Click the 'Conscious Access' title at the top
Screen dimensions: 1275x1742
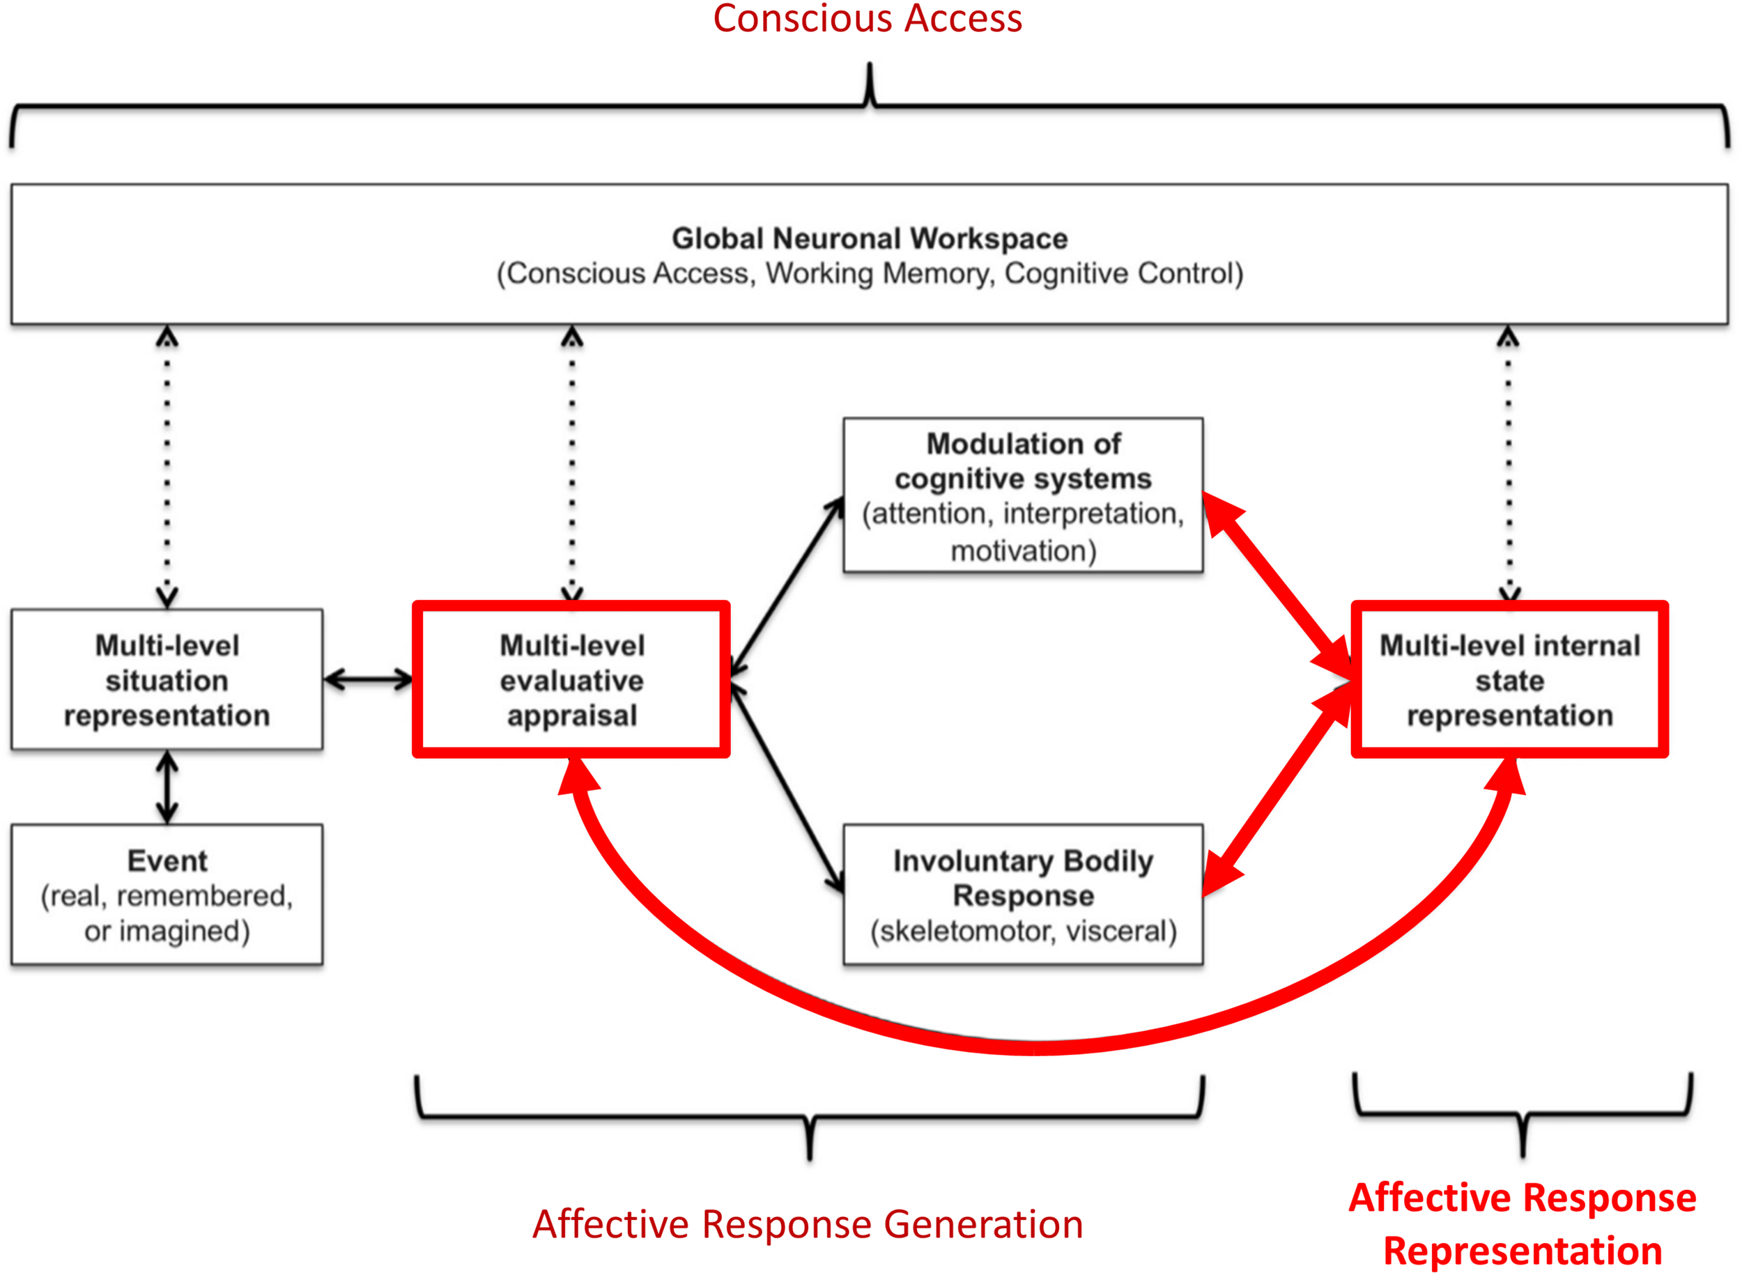coord(868,19)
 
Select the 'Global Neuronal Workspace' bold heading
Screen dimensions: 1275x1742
coord(870,238)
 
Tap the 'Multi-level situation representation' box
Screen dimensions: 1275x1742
coord(167,680)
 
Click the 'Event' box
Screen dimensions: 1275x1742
coord(167,895)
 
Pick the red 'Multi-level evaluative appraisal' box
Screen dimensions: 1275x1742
coord(571,680)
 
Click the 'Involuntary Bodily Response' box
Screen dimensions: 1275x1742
coord(1023,895)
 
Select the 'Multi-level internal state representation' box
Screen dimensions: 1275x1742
coord(1509,680)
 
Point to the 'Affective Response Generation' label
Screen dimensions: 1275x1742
coord(808,1225)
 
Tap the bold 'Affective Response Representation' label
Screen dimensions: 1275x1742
coord(1522,1225)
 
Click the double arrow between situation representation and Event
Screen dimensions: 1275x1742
coord(167,787)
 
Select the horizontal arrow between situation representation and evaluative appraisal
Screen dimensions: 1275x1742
coord(368,680)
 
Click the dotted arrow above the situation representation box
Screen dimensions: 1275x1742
coord(167,467)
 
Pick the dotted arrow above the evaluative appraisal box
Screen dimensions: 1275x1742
coord(572,463)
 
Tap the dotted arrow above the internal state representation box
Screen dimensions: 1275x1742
coord(1509,463)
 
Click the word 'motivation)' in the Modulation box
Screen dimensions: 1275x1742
coord(1024,551)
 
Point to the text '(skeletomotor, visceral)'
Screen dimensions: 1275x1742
coord(1024,932)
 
